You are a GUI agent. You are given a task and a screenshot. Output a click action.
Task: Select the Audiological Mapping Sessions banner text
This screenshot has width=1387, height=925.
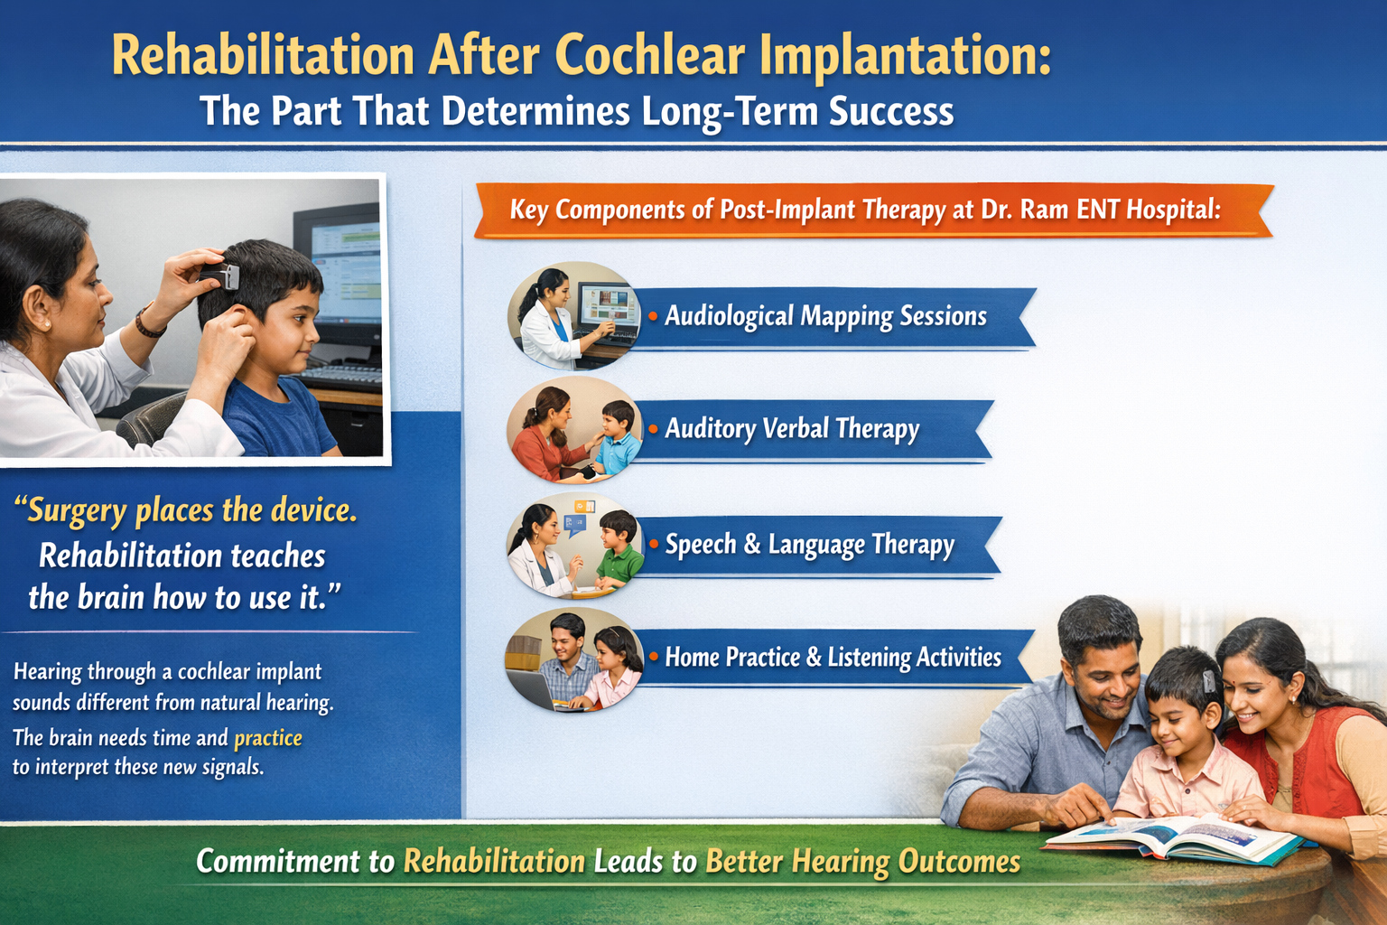point(825,316)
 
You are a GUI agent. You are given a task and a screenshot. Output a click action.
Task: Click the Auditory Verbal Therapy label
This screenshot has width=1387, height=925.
point(792,429)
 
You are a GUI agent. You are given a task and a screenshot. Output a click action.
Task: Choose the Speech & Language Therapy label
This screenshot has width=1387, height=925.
point(809,545)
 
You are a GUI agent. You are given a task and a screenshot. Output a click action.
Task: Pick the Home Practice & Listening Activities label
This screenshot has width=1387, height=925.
point(833,658)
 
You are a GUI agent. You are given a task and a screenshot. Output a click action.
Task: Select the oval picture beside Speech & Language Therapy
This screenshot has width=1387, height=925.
point(574,546)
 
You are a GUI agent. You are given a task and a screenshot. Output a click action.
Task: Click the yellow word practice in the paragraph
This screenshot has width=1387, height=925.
point(268,739)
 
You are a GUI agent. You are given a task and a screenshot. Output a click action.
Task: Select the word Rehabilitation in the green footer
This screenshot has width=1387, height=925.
point(494,862)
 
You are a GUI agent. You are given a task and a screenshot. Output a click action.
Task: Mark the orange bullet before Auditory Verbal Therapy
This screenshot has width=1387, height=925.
point(653,429)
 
